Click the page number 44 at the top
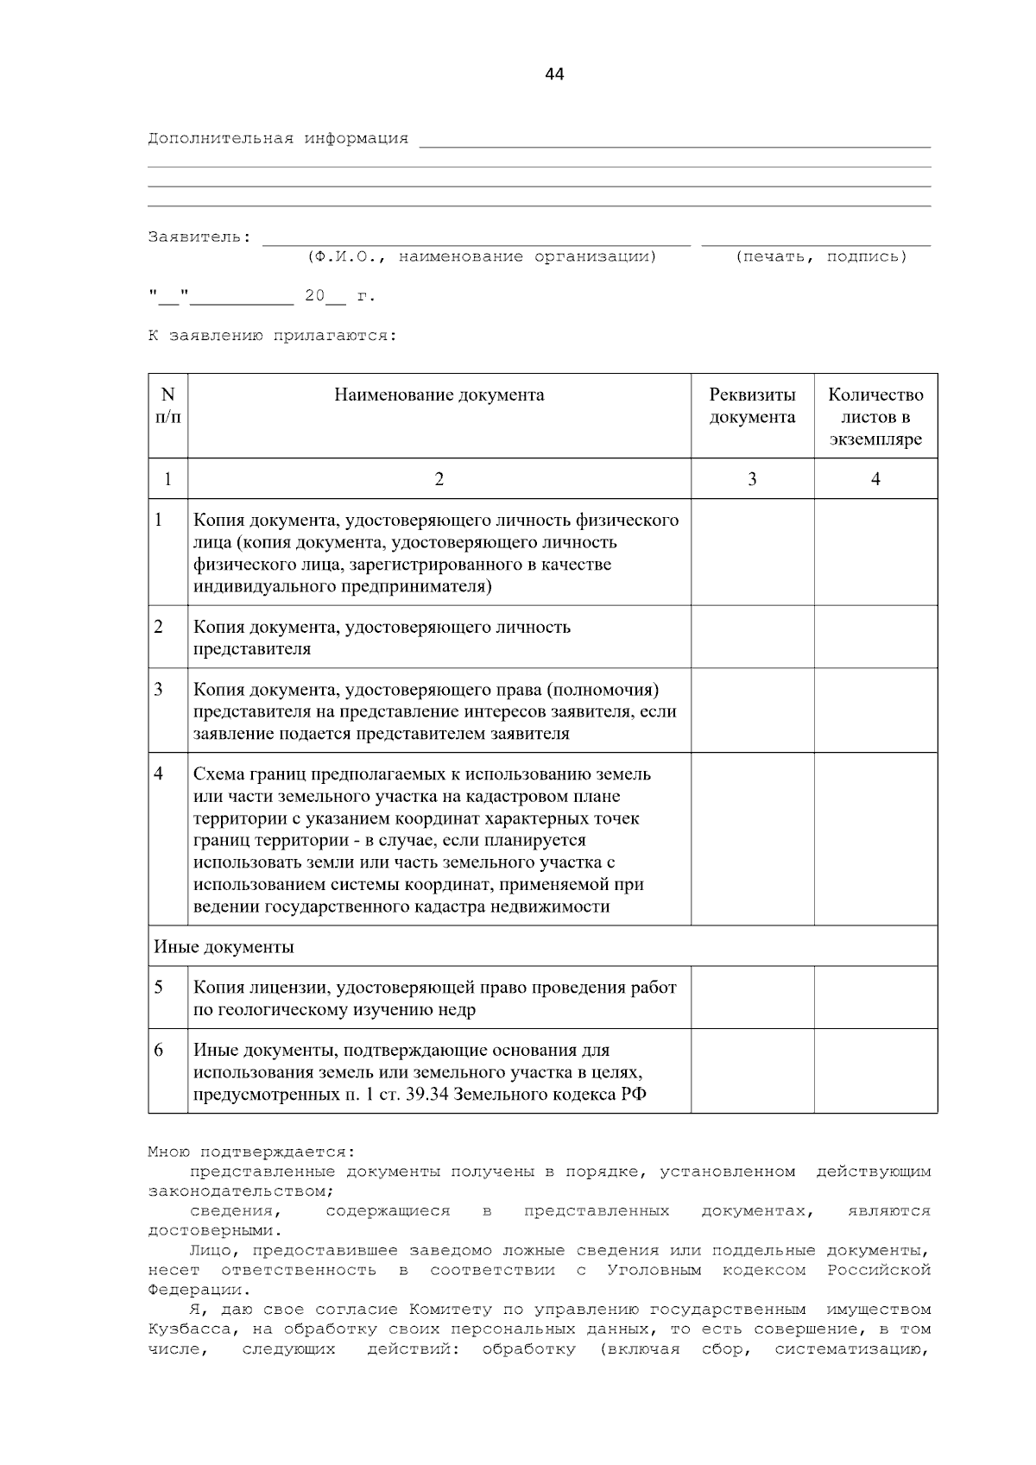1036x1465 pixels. point(554,75)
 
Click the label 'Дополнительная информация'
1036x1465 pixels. point(278,138)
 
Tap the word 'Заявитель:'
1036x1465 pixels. point(199,237)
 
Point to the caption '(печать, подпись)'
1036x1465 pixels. point(821,256)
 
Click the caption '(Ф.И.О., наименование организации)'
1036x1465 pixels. point(481,256)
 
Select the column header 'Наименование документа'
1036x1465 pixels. point(439,395)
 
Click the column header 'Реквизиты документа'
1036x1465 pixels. point(752,406)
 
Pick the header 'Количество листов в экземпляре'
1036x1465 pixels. point(875,417)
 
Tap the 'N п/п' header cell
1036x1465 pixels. point(168,406)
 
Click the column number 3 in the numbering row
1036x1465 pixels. point(752,479)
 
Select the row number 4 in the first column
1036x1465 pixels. point(159,774)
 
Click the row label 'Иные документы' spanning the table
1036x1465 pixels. point(224,947)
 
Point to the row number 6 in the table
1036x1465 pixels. point(159,1051)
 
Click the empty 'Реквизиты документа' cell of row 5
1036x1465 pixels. point(752,998)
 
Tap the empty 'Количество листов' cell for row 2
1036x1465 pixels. point(875,637)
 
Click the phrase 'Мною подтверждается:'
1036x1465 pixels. point(251,1152)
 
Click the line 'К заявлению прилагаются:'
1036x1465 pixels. point(273,336)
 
